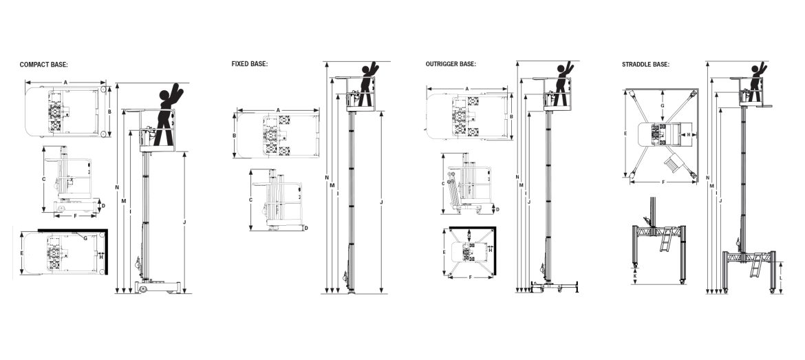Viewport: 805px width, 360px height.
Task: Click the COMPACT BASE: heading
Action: coord(43,65)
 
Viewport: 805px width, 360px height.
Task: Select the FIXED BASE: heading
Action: coord(249,64)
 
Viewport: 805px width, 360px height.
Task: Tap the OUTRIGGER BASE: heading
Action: coord(451,64)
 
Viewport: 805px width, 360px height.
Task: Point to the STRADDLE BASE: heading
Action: coord(645,64)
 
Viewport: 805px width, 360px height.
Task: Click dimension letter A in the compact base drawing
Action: coord(66,82)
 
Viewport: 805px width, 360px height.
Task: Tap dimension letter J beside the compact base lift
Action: coord(184,222)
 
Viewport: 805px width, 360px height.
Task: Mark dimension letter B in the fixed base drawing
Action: coord(235,136)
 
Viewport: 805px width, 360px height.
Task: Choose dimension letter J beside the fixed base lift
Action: coord(380,202)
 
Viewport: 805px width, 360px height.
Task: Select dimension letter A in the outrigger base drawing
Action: coord(467,88)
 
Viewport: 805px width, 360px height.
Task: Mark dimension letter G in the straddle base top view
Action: coord(661,106)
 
